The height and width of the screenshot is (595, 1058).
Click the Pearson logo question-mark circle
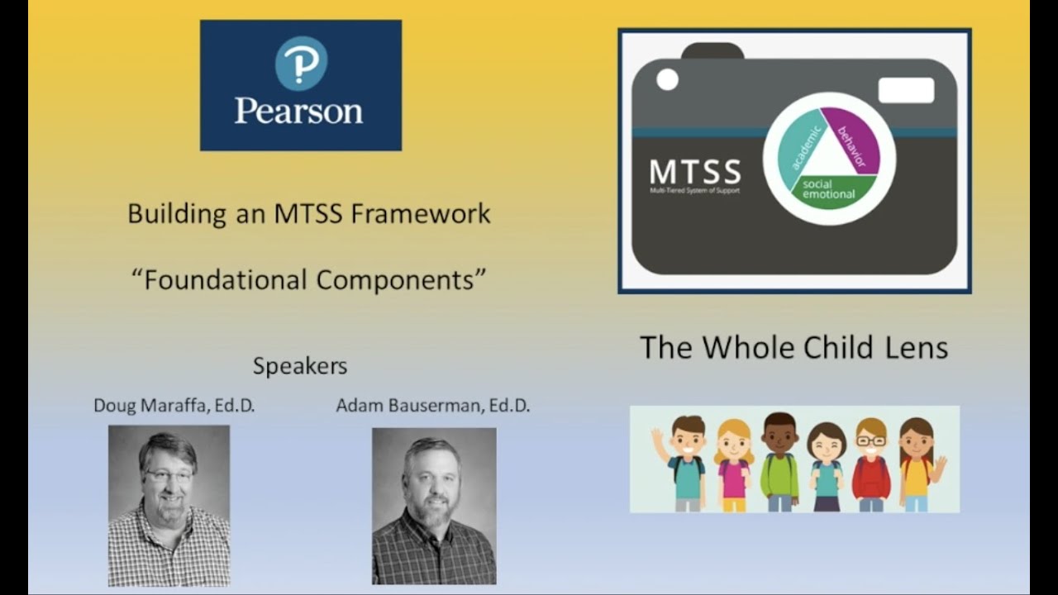pos(301,64)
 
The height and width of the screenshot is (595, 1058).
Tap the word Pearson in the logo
pos(298,110)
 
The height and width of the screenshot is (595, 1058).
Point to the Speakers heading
pos(300,365)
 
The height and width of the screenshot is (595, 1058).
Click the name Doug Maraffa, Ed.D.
pos(174,406)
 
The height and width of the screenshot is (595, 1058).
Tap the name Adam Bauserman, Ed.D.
pos(432,406)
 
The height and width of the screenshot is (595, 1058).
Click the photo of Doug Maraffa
pos(169,505)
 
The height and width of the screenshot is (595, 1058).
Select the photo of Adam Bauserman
pos(434,506)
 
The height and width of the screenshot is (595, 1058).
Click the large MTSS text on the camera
pos(694,172)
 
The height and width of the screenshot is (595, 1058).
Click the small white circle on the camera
pos(667,79)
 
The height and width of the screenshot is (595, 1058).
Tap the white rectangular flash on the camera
pos(906,90)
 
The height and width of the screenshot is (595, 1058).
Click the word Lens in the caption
pos(918,347)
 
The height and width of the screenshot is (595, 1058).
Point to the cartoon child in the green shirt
pos(779,463)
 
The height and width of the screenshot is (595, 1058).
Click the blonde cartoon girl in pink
pos(733,466)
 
